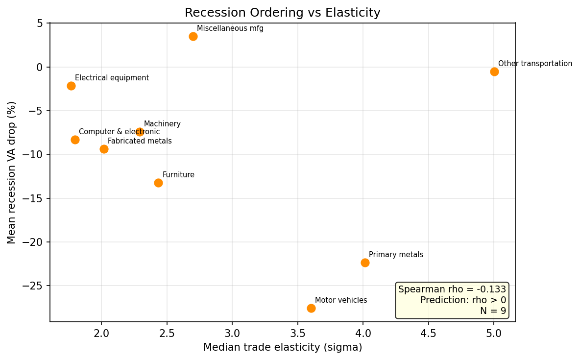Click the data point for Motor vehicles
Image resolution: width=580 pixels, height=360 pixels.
pos(311,308)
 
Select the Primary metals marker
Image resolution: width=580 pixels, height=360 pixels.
pos(365,263)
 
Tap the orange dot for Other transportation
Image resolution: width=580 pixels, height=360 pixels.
pos(494,72)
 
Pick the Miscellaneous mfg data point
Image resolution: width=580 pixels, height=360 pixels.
pos(193,36)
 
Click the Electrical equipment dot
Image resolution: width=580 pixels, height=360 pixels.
pos(71,86)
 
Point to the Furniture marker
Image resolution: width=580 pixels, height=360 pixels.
pos(158,183)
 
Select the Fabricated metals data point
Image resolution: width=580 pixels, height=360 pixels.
pos(104,149)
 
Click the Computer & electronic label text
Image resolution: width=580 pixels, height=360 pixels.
pos(119,132)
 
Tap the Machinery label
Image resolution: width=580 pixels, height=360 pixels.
pos(162,124)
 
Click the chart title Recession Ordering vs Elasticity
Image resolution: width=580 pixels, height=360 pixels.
pos(282,13)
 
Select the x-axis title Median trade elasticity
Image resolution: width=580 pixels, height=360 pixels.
pos(282,348)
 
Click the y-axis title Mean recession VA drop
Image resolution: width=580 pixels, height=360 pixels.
pos(12,172)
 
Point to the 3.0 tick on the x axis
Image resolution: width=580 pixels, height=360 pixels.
pos(232,333)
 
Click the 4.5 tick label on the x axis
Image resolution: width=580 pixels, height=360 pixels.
pos(428,333)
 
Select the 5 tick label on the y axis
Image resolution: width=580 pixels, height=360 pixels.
pos(40,24)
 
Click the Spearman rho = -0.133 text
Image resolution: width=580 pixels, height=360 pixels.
pos(452,289)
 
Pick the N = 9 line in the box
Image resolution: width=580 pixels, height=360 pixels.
pos(492,311)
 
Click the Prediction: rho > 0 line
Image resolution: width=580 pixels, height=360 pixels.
pos(463,300)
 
